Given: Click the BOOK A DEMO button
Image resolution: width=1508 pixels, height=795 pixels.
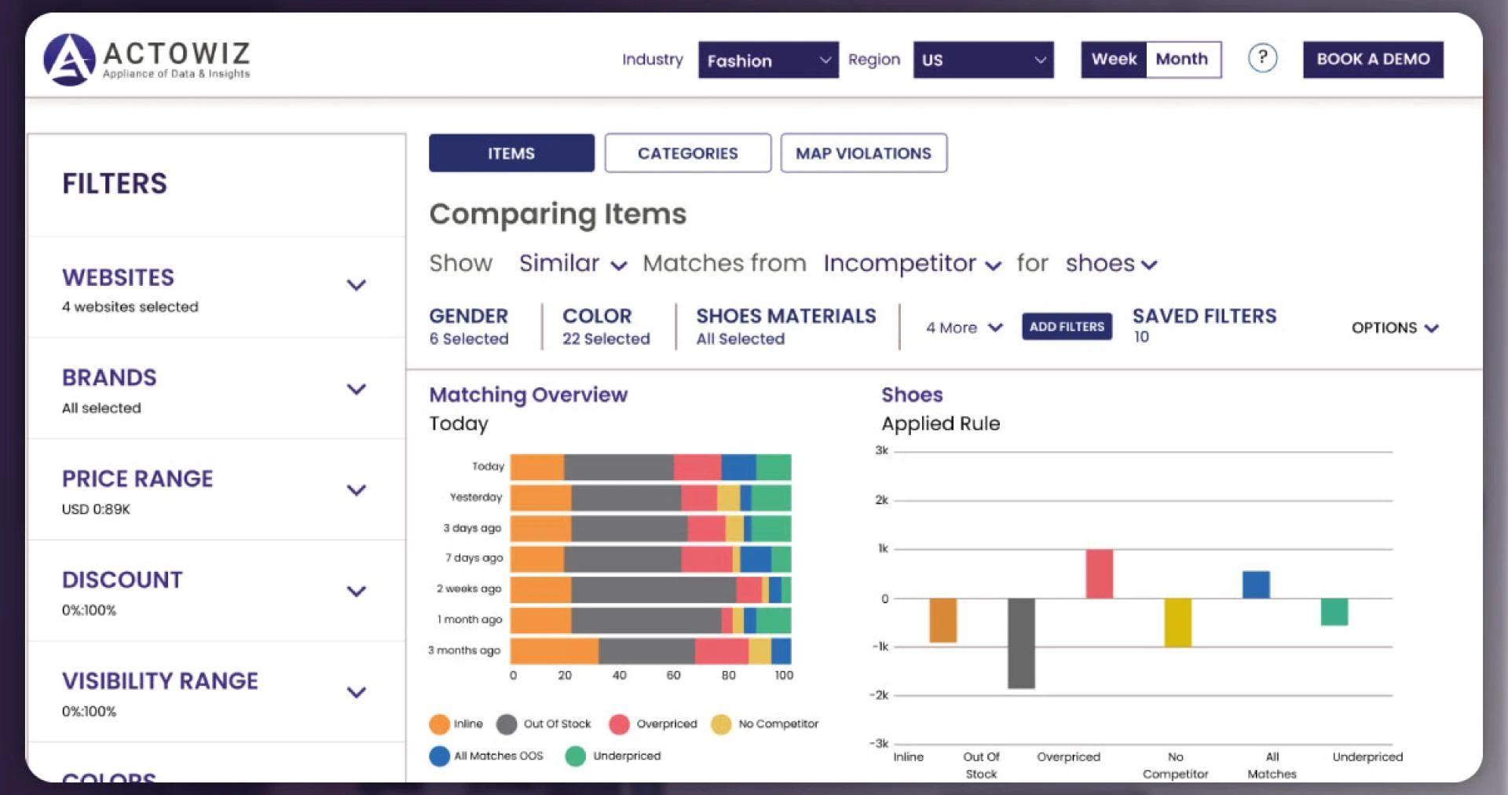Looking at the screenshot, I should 1372,60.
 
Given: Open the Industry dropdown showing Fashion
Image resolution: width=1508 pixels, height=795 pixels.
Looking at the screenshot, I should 767,60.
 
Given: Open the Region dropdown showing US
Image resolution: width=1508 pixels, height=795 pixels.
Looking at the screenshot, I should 983,60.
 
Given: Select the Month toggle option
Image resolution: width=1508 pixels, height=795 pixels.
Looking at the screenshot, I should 1182,60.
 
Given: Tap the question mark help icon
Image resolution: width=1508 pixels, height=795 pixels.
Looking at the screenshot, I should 1262,58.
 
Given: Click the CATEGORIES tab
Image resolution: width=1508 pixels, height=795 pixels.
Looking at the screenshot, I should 687,153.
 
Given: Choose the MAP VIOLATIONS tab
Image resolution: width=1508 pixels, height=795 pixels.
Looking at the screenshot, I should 863,153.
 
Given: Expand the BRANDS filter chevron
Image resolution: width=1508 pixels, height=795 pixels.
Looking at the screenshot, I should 357,390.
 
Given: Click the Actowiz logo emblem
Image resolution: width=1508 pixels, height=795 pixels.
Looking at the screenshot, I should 70,60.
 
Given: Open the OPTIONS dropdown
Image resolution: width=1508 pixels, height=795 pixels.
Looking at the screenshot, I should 1394,328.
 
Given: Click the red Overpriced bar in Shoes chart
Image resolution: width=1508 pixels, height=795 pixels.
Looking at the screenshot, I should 1099,573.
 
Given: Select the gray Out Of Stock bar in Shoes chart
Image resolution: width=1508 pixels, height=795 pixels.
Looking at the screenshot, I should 1020,643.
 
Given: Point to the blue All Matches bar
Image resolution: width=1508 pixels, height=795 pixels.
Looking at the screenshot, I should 1255,584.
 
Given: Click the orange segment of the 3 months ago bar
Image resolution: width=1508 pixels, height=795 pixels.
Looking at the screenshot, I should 554,651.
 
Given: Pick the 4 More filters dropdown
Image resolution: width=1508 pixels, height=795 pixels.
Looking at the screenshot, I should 964,328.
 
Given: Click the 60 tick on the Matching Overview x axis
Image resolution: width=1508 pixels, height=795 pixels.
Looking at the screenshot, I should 673,676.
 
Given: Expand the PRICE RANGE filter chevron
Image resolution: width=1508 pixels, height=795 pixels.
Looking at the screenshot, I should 357,491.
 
